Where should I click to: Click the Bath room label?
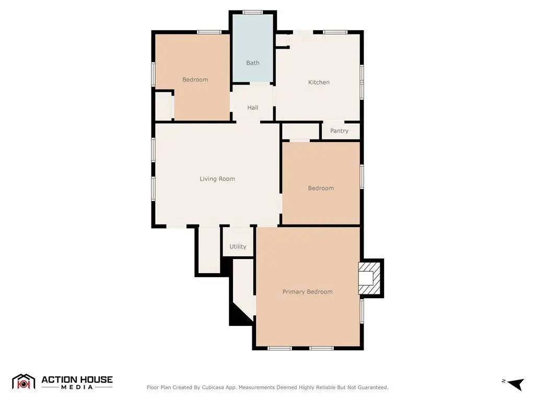click(253, 63)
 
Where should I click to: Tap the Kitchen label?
click(319, 82)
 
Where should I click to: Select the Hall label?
click(252, 108)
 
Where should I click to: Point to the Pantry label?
click(339, 131)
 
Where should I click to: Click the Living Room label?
click(217, 179)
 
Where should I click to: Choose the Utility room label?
click(238, 246)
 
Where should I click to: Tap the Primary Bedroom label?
click(307, 291)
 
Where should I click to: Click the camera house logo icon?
click(24, 382)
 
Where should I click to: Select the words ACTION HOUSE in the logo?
click(77, 380)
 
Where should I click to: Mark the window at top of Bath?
click(253, 13)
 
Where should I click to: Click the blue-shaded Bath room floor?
click(253, 48)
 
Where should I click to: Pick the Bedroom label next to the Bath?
click(195, 79)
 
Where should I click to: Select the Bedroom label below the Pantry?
click(321, 188)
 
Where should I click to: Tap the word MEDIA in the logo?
click(77, 387)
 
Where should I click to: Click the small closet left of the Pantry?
click(300, 131)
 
